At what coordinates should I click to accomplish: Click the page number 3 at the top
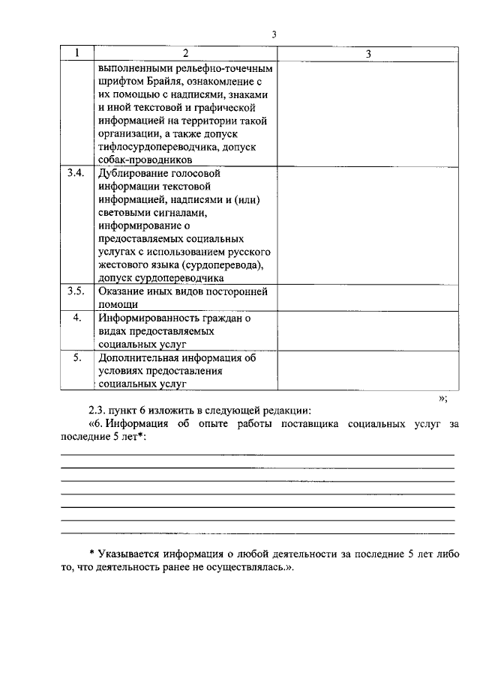click(x=274, y=34)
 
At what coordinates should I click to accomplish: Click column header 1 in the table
click(x=77, y=54)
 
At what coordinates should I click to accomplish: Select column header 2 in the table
click(x=185, y=54)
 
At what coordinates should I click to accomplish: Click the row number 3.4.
click(x=76, y=174)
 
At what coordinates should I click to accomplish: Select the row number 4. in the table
click(x=76, y=318)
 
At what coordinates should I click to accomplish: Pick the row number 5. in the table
click(x=76, y=359)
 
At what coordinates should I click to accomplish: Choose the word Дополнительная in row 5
click(x=138, y=359)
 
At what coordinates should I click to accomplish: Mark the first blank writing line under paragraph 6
click(x=257, y=454)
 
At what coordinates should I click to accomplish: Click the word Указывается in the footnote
click(x=128, y=554)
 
